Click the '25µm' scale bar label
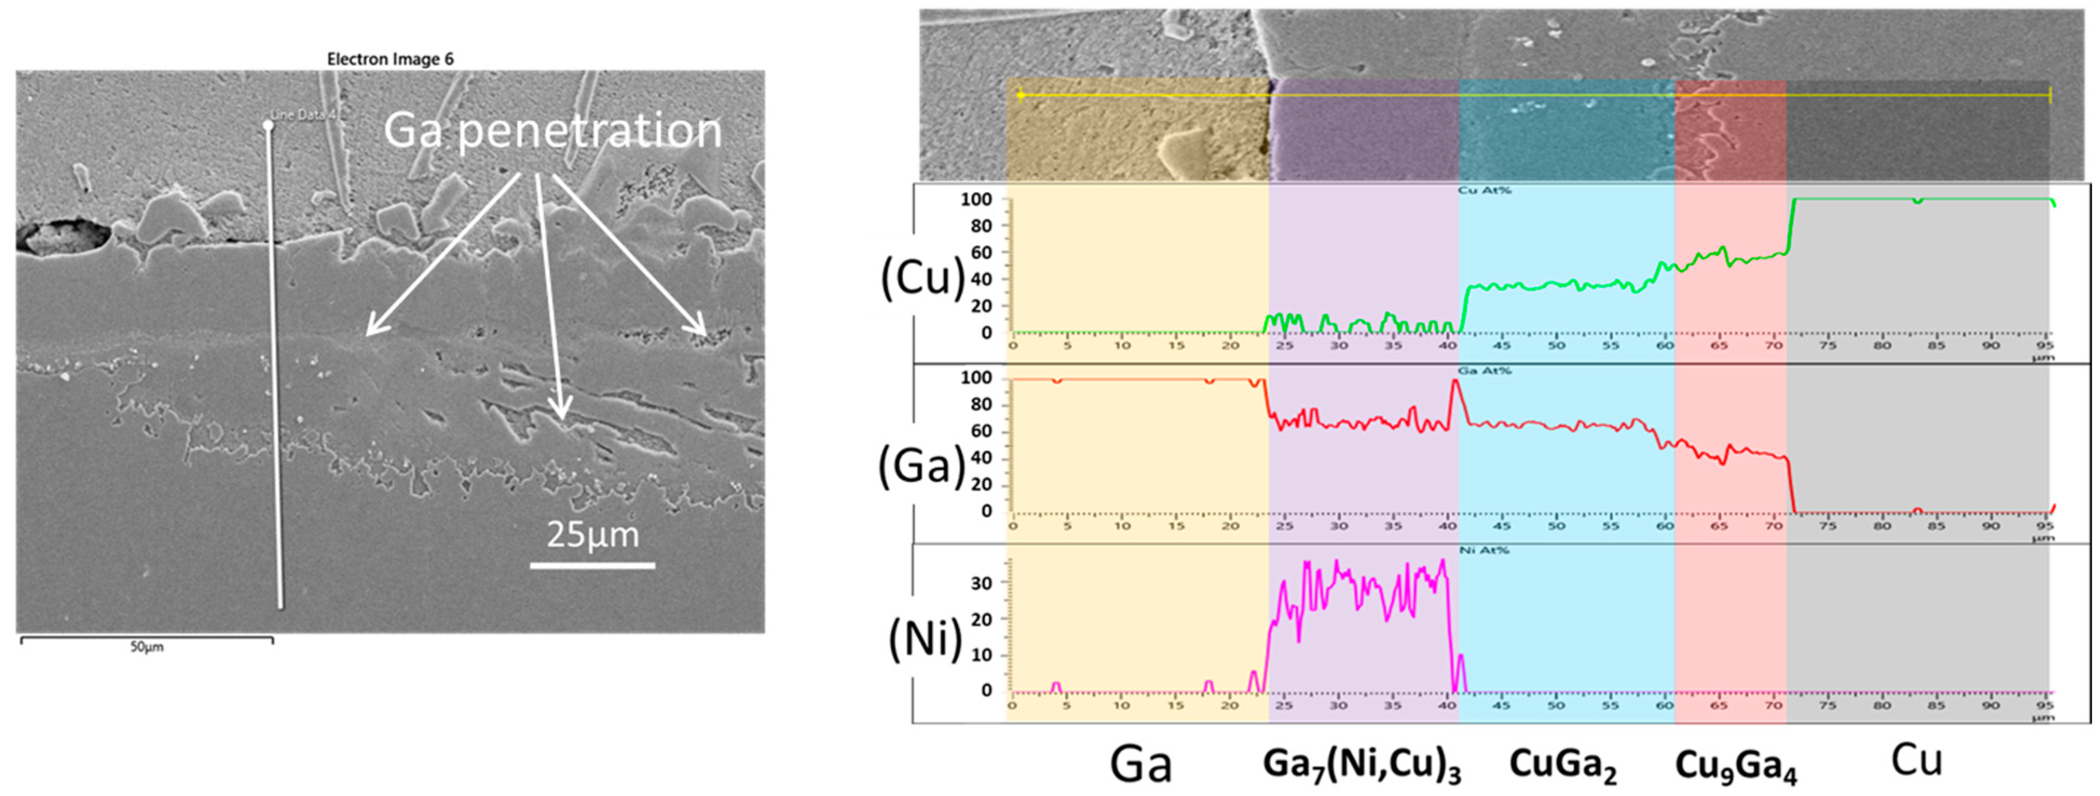point(593,534)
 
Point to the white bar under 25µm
point(593,565)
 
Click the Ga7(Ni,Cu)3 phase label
point(1362,764)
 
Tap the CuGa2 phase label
point(1563,764)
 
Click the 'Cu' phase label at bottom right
point(1917,760)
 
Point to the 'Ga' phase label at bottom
point(1140,764)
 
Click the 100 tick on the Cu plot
point(976,199)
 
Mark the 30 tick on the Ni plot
point(981,583)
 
